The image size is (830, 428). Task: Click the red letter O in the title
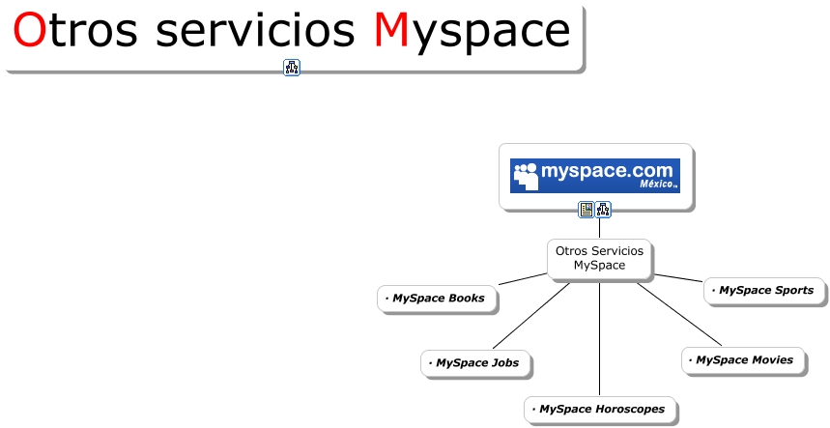[x=29, y=32]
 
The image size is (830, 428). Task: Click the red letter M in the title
[x=391, y=32]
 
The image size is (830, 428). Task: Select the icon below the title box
[x=292, y=68]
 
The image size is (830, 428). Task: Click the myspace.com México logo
[x=595, y=176]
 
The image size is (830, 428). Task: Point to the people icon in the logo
[x=526, y=176]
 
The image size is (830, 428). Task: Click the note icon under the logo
[x=587, y=210]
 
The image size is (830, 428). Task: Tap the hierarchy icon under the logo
[x=603, y=210]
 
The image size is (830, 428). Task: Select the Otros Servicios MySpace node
[x=599, y=258]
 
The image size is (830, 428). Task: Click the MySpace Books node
[x=438, y=299]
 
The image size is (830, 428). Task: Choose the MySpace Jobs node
[x=477, y=363]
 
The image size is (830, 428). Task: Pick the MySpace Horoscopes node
[x=600, y=410]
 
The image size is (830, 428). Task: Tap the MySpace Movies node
[x=743, y=360]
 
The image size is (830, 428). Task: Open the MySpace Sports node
[x=765, y=290]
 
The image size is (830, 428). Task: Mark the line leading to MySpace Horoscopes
[x=599, y=338]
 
